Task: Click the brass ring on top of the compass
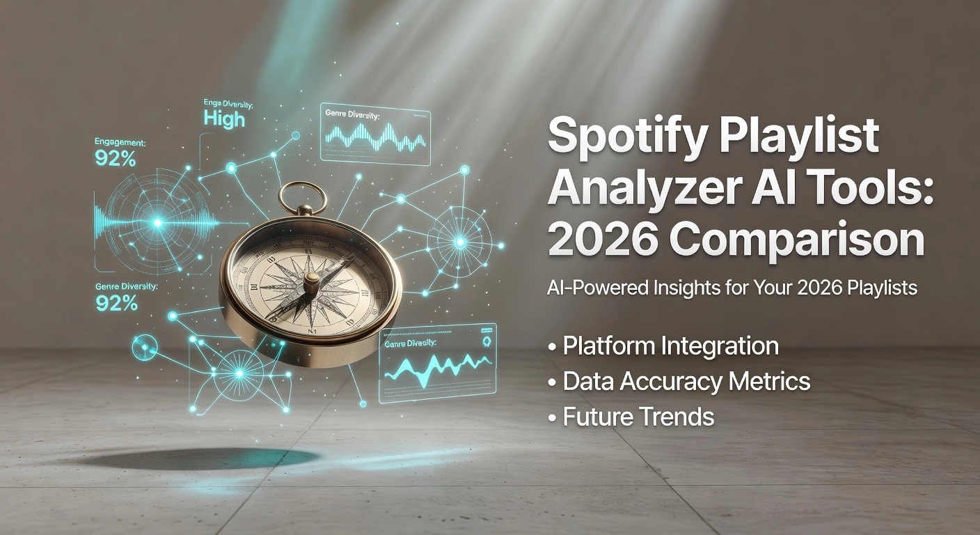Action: pyautogui.click(x=303, y=197)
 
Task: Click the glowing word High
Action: pyautogui.click(x=224, y=119)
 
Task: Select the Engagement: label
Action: pyautogui.click(x=120, y=142)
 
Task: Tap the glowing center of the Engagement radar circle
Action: pyautogui.click(x=157, y=223)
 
